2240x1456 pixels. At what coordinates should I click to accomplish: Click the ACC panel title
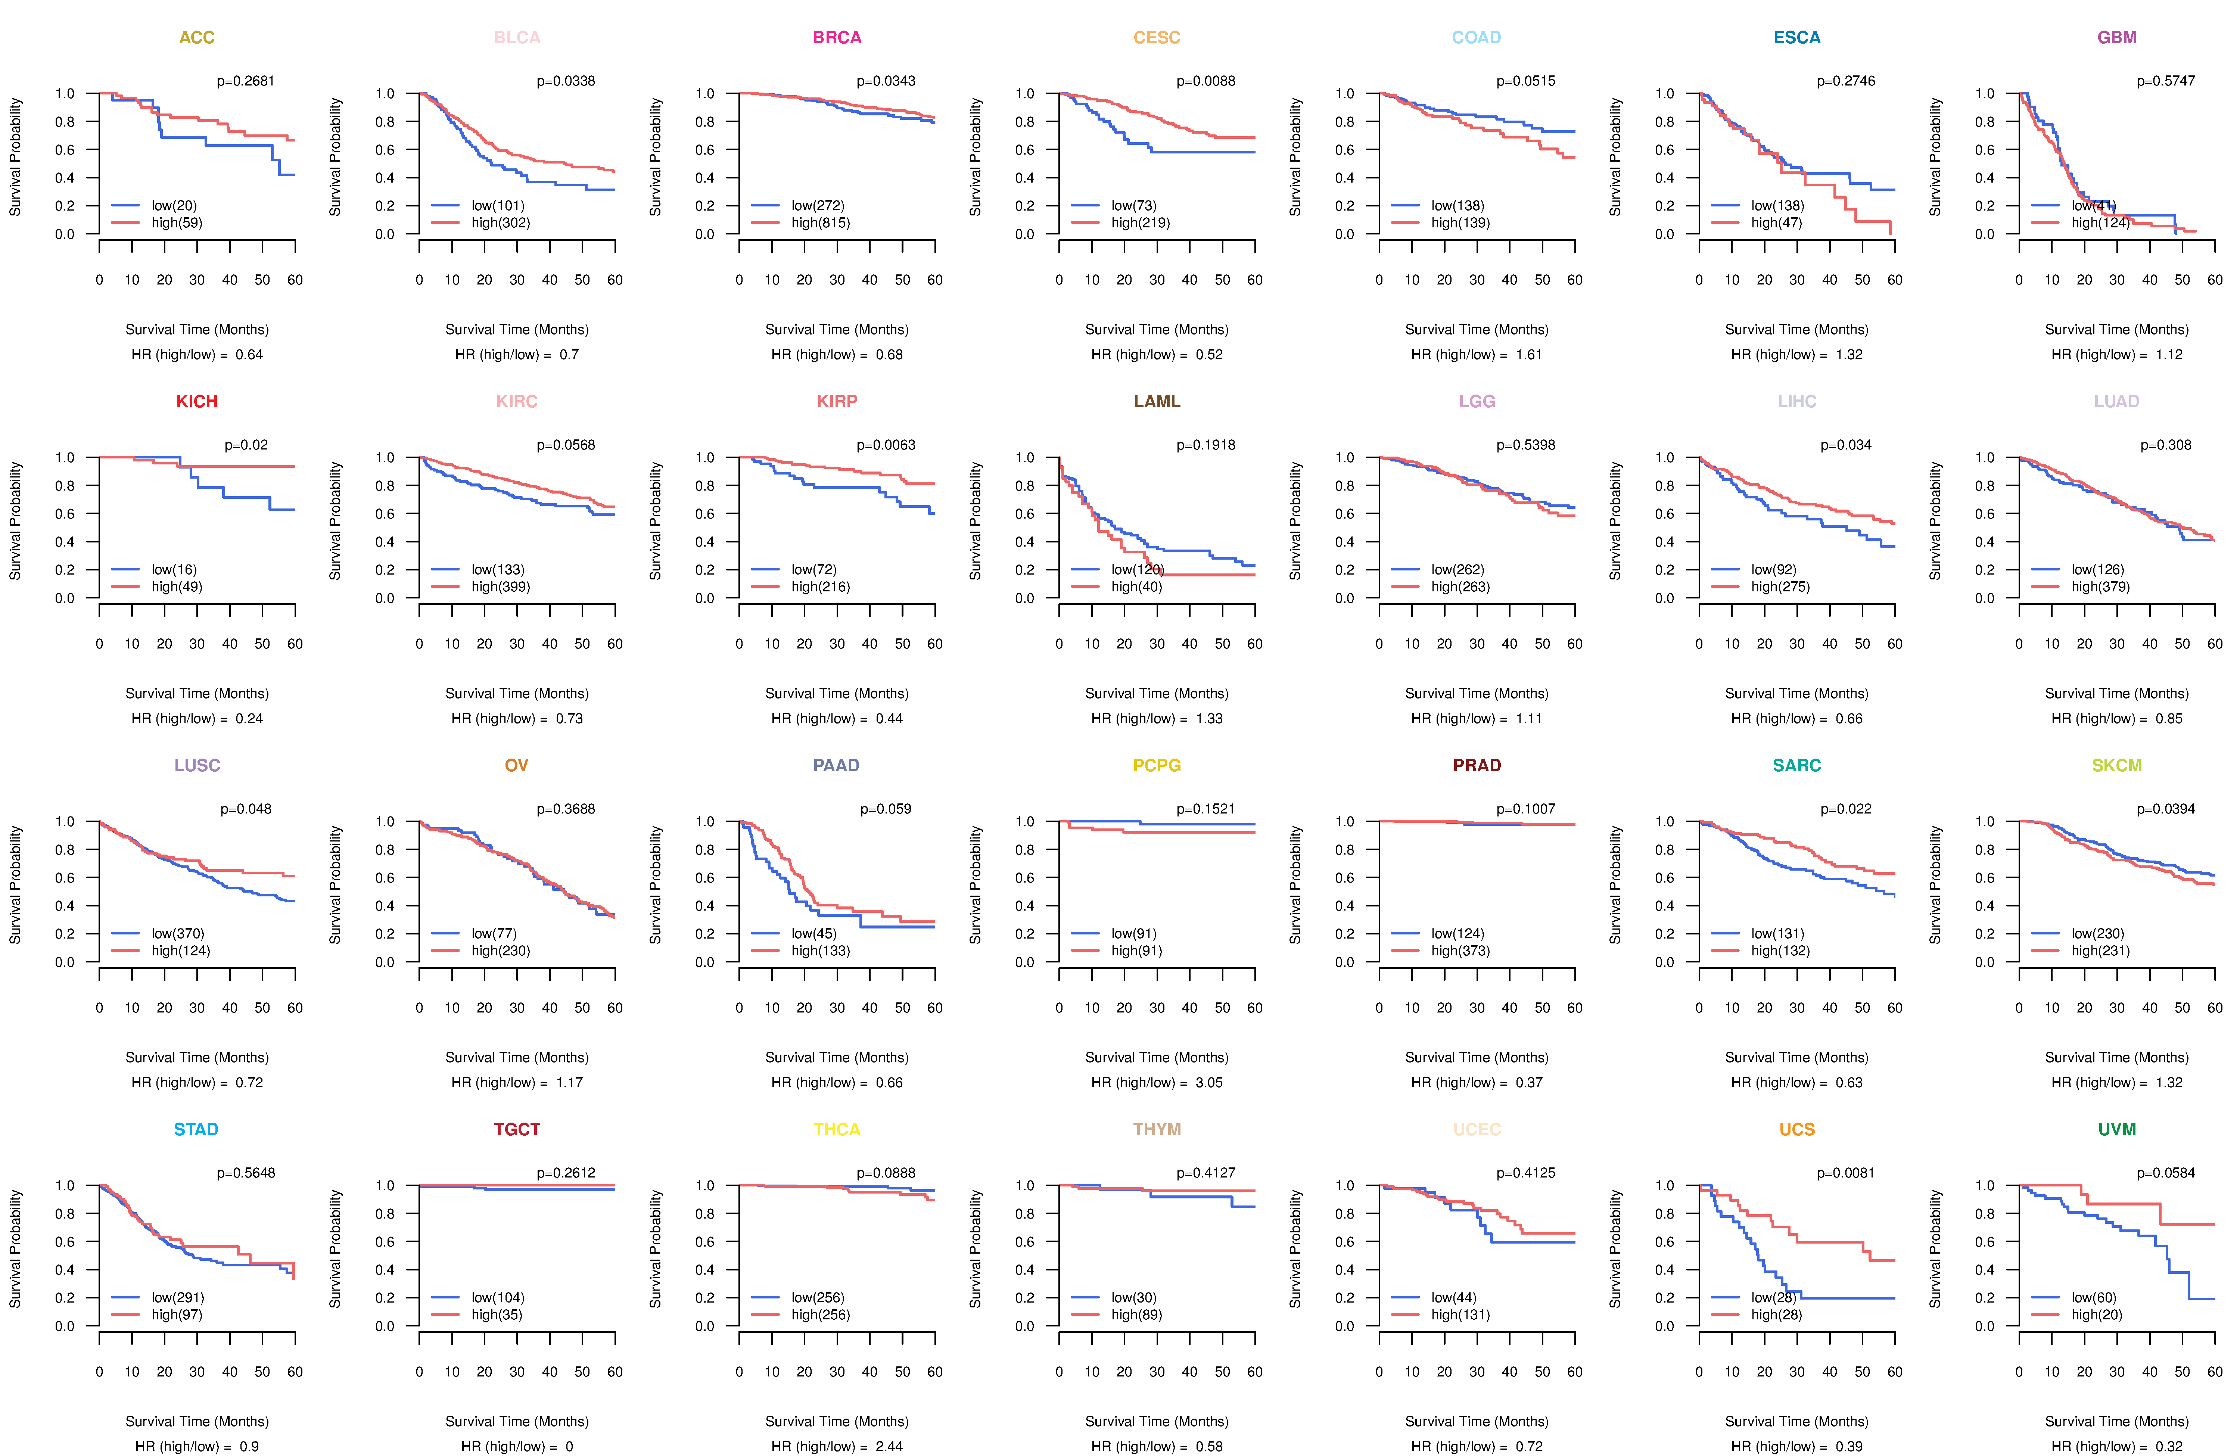point(197,38)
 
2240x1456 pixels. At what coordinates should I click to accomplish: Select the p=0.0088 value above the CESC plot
point(1205,81)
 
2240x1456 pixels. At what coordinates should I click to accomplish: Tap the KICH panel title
point(197,402)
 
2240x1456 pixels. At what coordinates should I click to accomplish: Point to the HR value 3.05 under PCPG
point(1208,1082)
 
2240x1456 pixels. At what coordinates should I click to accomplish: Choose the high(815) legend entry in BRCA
point(820,223)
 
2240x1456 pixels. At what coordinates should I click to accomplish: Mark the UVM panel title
point(2117,1129)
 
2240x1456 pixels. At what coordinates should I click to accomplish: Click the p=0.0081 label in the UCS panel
point(1846,1173)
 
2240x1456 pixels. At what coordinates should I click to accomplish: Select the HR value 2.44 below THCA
point(889,1447)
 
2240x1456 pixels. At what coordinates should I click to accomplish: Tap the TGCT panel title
point(517,1129)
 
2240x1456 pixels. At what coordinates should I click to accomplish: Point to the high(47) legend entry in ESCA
point(1776,223)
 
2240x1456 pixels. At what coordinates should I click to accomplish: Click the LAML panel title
point(1157,402)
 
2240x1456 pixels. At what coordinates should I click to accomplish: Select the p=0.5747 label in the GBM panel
point(2166,81)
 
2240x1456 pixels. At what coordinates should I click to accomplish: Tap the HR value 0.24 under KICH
point(249,718)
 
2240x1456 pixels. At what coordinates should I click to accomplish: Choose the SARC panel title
point(1797,765)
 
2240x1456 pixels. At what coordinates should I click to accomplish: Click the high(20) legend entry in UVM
point(2096,1315)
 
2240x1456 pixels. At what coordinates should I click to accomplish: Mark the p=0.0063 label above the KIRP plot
point(886,445)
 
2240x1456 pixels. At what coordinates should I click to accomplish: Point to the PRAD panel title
point(1477,765)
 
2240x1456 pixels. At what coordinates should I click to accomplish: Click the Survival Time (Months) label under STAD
point(197,1421)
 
